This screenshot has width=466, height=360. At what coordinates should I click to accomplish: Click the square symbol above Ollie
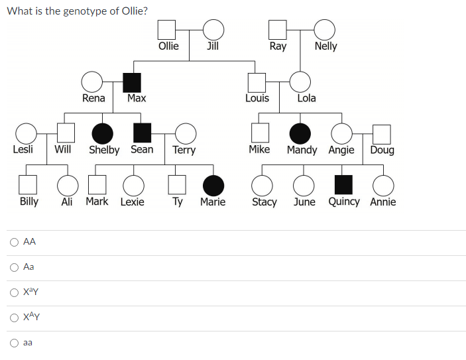[x=167, y=30]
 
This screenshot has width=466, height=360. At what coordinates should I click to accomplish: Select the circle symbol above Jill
[x=213, y=30]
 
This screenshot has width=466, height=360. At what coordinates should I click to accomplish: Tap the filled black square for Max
[x=133, y=82]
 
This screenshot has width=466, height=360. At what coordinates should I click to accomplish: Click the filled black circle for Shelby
[x=101, y=133]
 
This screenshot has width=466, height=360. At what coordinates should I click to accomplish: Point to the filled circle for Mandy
[x=300, y=133]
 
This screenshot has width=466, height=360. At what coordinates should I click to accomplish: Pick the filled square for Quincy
[x=343, y=185]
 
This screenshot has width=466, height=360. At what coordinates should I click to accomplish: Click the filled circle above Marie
[x=213, y=185]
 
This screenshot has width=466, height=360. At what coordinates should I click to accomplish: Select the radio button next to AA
[x=13, y=242]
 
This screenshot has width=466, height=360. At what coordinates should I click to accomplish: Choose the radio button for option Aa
[x=13, y=267]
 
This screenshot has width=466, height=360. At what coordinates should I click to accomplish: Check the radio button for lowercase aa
[x=13, y=343]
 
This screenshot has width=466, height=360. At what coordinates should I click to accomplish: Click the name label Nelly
[x=325, y=46]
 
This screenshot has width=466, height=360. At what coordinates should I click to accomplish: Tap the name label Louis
[x=257, y=98]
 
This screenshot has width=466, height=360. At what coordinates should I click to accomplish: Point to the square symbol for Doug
[x=381, y=133]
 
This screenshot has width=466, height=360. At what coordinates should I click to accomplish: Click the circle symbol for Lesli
[x=26, y=133]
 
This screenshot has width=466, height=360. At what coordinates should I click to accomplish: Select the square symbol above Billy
[x=28, y=185]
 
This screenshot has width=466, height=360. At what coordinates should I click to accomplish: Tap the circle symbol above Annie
[x=383, y=185]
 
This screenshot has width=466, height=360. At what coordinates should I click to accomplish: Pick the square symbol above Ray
[x=278, y=30]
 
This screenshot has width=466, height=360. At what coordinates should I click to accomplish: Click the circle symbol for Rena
[x=91, y=82]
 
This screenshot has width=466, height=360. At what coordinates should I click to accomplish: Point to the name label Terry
[x=184, y=150]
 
